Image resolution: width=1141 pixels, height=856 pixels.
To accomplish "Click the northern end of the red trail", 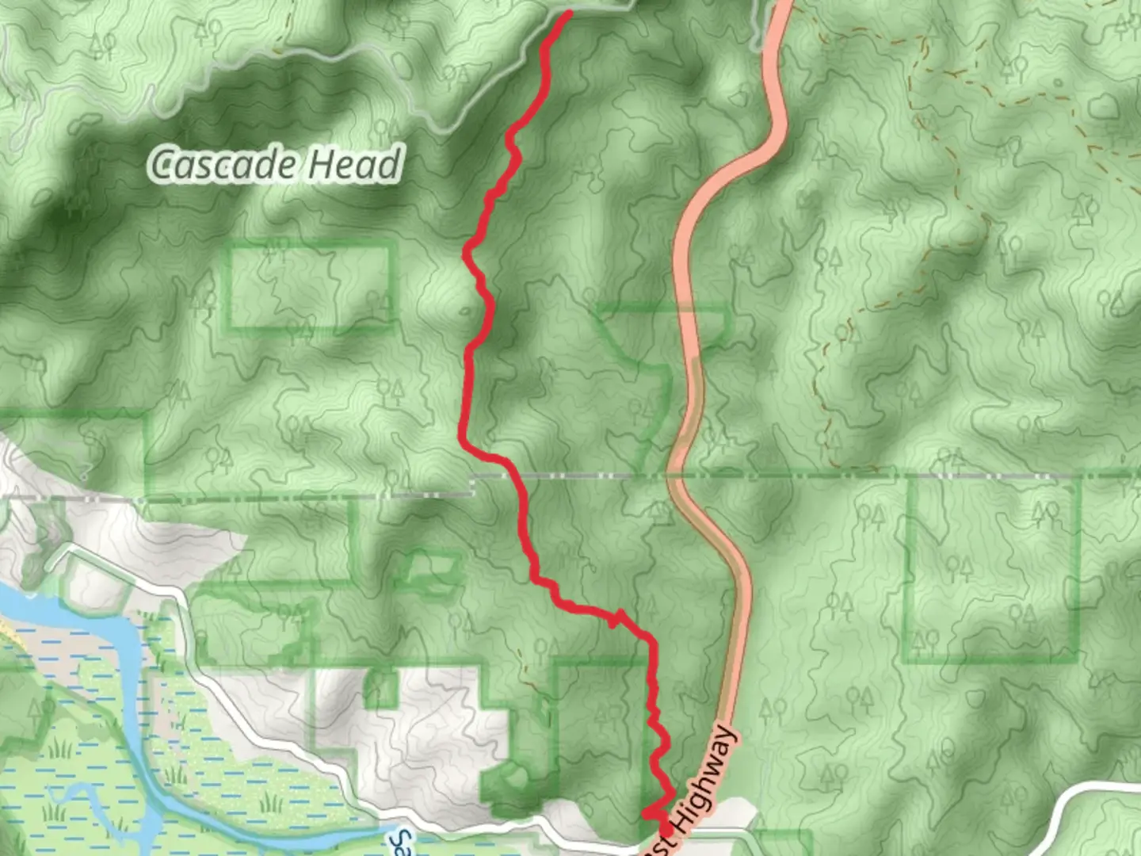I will click(x=568, y=13).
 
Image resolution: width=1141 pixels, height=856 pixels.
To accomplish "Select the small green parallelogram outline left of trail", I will click(x=429, y=568).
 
